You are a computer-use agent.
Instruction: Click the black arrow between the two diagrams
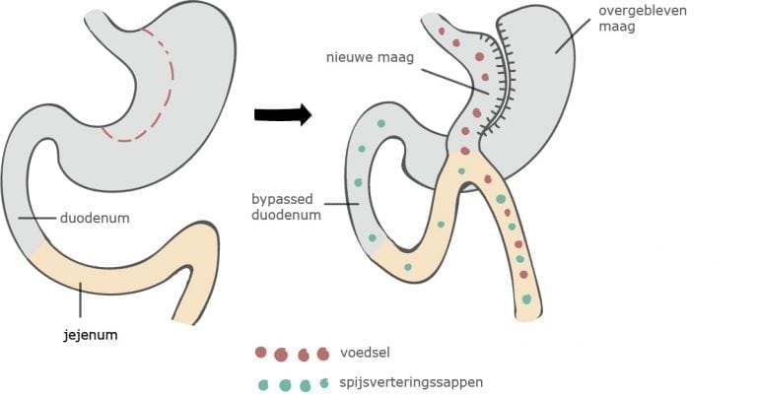point(282,115)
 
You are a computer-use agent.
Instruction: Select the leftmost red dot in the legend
point(260,352)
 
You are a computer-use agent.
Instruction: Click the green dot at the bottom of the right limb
point(527,298)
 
